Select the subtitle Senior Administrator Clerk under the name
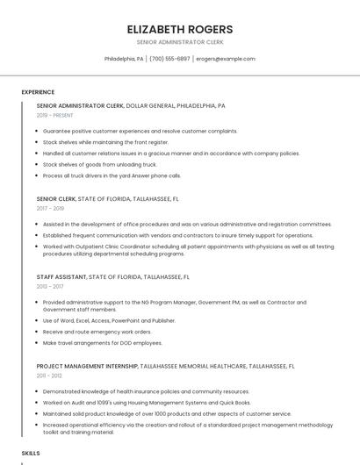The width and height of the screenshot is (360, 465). click(x=179, y=42)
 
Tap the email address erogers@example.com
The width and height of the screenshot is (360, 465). click(x=226, y=59)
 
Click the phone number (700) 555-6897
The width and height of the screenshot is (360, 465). click(x=169, y=59)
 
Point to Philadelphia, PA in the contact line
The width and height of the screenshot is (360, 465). click(x=124, y=59)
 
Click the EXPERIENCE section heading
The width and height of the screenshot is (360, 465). click(x=38, y=92)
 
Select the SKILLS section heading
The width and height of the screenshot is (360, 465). click(x=31, y=453)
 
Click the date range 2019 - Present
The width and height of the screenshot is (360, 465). click(x=55, y=116)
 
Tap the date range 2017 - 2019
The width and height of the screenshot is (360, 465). click(x=50, y=209)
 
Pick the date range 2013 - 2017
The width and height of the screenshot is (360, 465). click(x=50, y=286)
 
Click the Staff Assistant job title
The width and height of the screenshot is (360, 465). click(x=61, y=276)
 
